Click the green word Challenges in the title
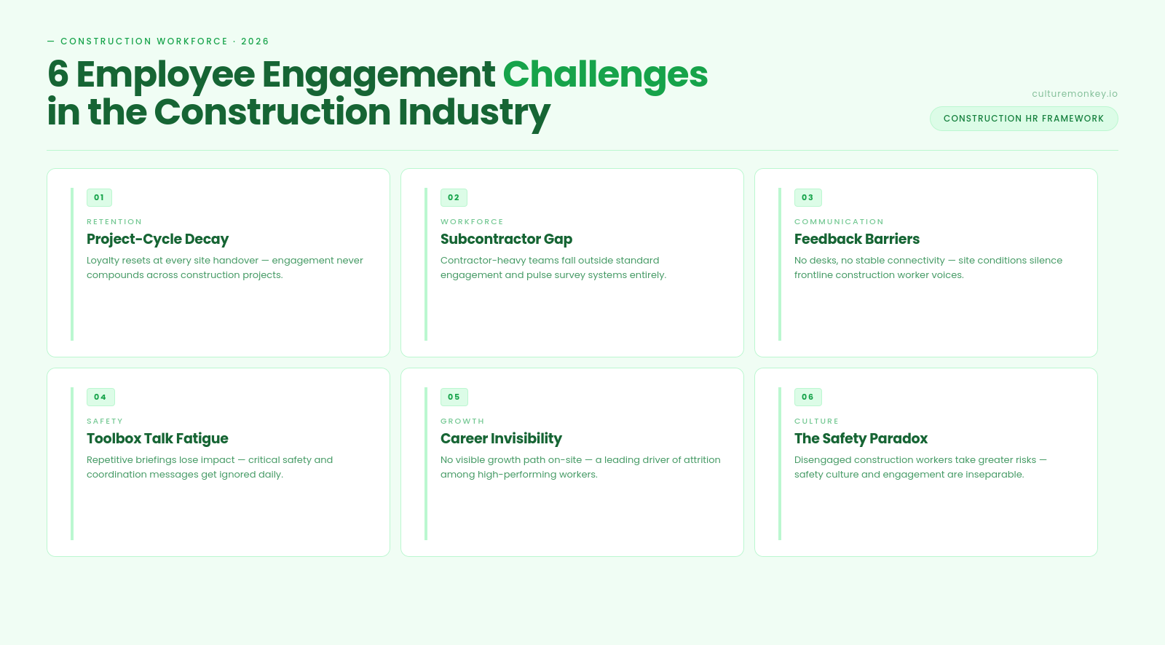pos(605,75)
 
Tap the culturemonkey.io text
pos(1075,94)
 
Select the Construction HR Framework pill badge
pos(1024,119)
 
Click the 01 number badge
pos(99,198)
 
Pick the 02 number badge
pos(454,198)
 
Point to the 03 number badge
pos(807,198)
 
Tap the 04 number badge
pos(100,397)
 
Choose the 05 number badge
pos(454,397)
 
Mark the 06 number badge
pos(807,397)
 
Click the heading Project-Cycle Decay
pos(157,240)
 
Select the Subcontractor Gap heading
pos(506,240)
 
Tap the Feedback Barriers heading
pos(856,240)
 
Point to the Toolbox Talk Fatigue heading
pos(157,439)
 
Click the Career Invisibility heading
pos(501,439)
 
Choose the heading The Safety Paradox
pos(861,439)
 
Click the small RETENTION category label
pos(114,221)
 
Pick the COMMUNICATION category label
pos(839,221)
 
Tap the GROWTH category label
pos(462,422)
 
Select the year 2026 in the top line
pos(255,41)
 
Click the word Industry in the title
pos(474,113)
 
